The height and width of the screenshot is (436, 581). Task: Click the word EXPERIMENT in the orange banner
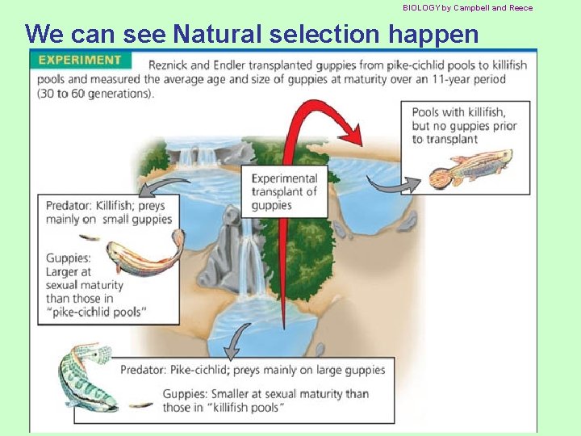(x=79, y=60)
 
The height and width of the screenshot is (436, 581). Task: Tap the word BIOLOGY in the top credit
(x=421, y=7)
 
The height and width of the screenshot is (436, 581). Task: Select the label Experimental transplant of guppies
(x=285, y=191)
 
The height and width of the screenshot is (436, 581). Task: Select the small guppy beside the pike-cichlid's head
(x=140, y=405)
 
